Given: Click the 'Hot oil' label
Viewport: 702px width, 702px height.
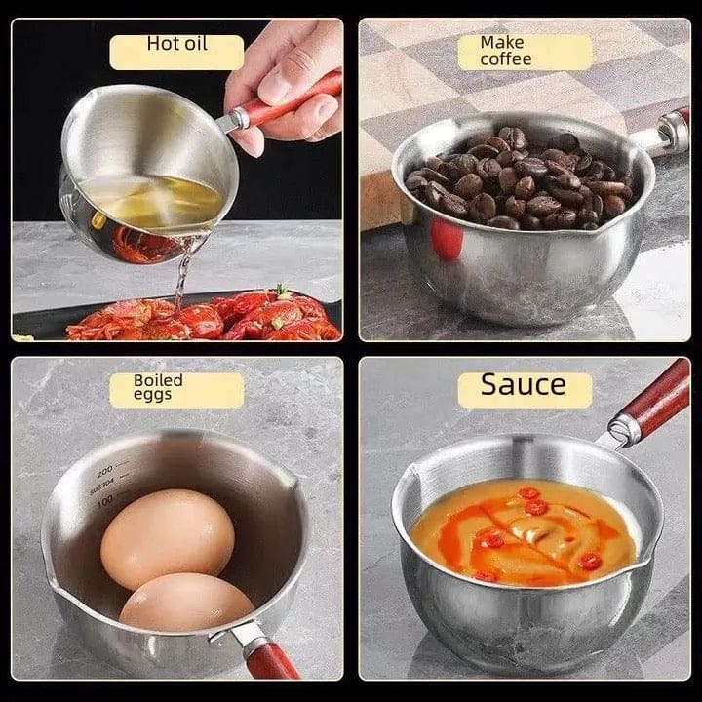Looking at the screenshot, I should (176, 44).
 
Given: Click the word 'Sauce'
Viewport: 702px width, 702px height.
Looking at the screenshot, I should (524, 385).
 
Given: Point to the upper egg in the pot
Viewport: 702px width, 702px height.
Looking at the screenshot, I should (168, 538).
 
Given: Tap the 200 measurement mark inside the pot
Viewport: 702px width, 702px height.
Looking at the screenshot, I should (105, 469).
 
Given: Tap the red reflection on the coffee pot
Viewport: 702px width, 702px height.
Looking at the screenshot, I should (448, 240).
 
